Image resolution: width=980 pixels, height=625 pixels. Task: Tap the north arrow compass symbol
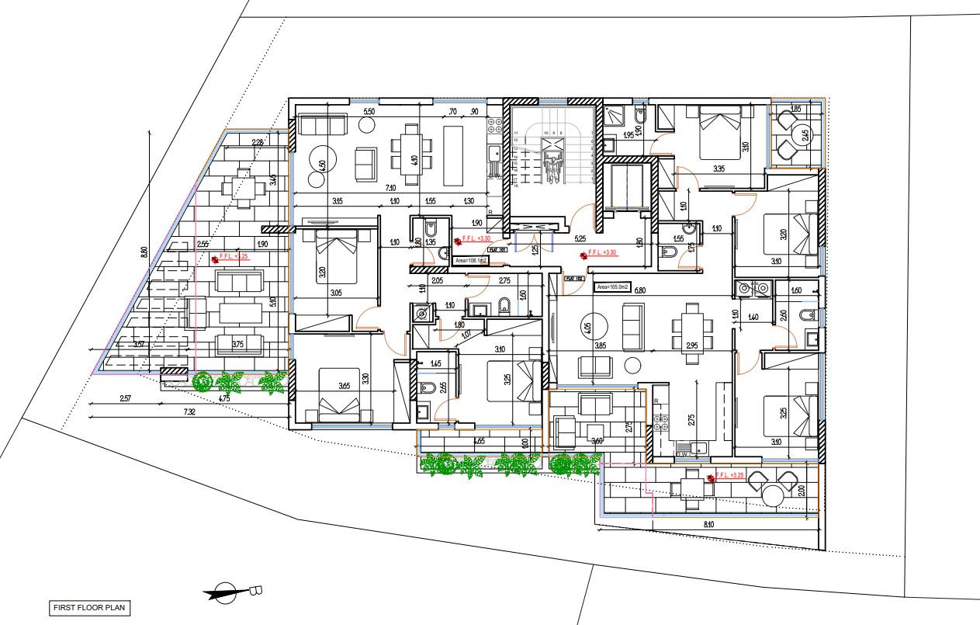tap(226, 592)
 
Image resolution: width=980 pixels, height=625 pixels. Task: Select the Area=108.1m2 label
tap(470, 262)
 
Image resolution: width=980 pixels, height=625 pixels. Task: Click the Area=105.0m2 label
tap(613, 286)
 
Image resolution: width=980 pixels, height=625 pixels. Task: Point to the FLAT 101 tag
tap(497, 250)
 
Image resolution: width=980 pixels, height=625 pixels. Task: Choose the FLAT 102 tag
tap(574, 277)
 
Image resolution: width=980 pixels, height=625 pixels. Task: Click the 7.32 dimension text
tap(189, 412)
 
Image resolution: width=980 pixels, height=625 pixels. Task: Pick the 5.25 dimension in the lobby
tap(579, 239)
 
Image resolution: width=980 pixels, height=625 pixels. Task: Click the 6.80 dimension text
tap(640, 290)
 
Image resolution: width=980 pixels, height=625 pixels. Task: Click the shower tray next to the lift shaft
tap(617, 116)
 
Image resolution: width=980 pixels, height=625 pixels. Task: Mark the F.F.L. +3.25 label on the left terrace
tap(234, 255)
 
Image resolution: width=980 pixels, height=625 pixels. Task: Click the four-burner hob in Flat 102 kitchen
tap(661, 423)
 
